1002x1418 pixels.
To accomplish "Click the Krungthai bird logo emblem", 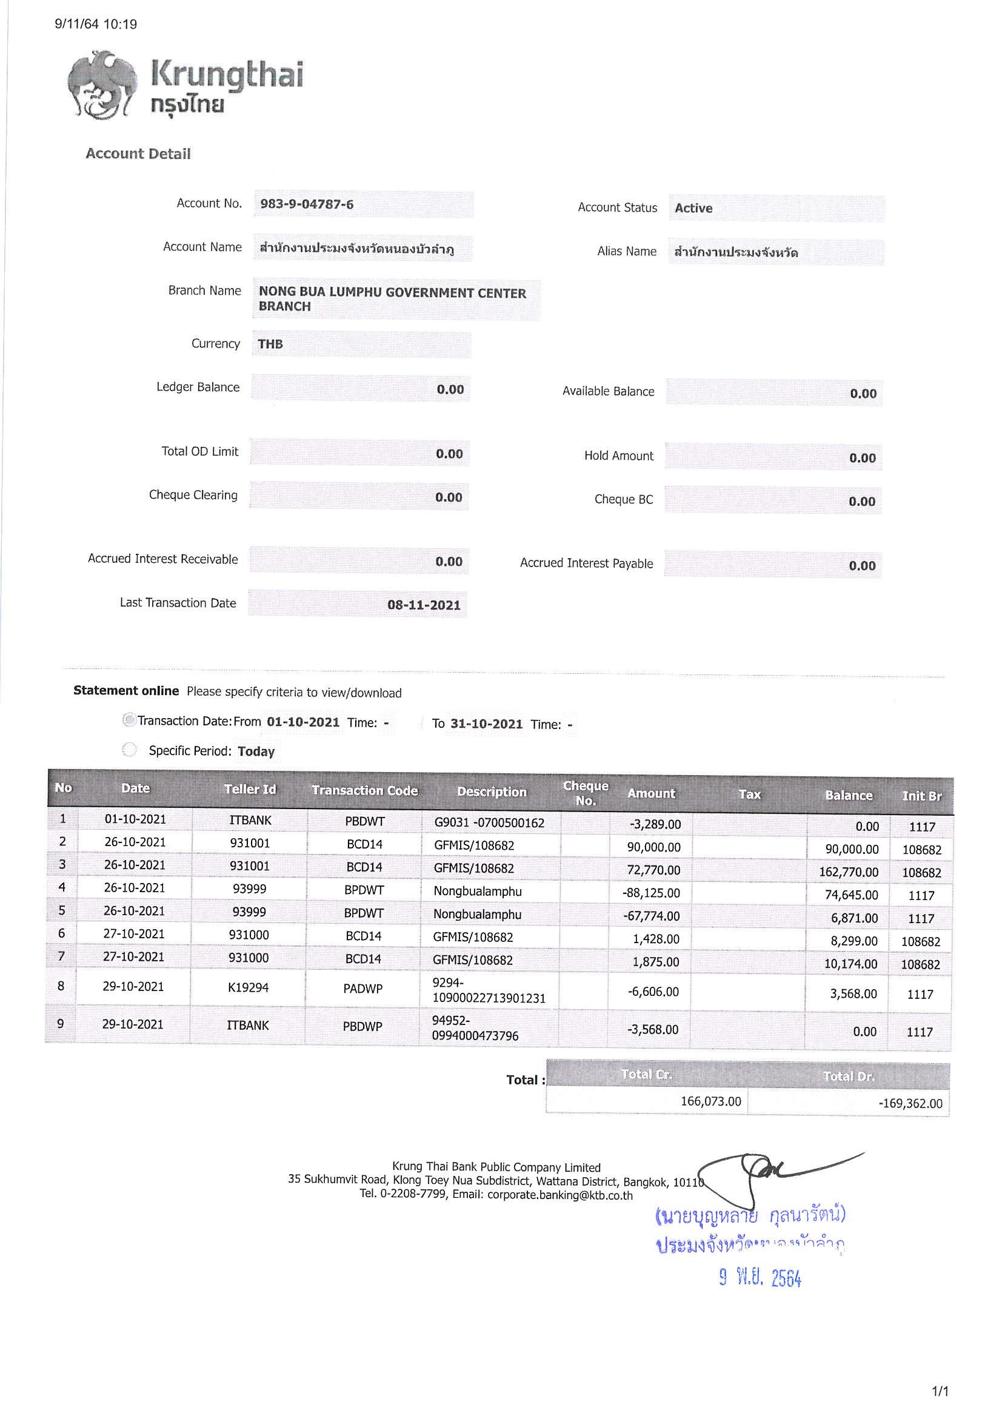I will pos(102,86).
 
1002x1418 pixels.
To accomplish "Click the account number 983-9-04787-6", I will pos(307,204).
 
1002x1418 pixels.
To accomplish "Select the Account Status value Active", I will pos(693,208).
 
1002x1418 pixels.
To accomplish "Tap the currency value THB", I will pos(270,344).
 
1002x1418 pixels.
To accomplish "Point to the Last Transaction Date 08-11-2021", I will pos(424,605).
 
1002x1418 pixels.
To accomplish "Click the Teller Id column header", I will pos(250,789).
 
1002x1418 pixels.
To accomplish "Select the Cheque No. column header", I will pos(586,793).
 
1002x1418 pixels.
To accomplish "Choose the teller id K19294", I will pos(248,987).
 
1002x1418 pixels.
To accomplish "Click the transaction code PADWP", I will pos(363,989).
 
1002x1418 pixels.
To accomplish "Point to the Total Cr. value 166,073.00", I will pos(710,1101).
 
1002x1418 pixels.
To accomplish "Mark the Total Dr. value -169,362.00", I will pos(910,1103).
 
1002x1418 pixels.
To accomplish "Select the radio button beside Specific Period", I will pos(129,750).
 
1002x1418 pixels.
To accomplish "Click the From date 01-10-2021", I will pos(303,722).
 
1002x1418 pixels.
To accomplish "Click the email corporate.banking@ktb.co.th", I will pos(560,1195).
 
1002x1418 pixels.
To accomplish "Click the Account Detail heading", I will pos(138,154).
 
